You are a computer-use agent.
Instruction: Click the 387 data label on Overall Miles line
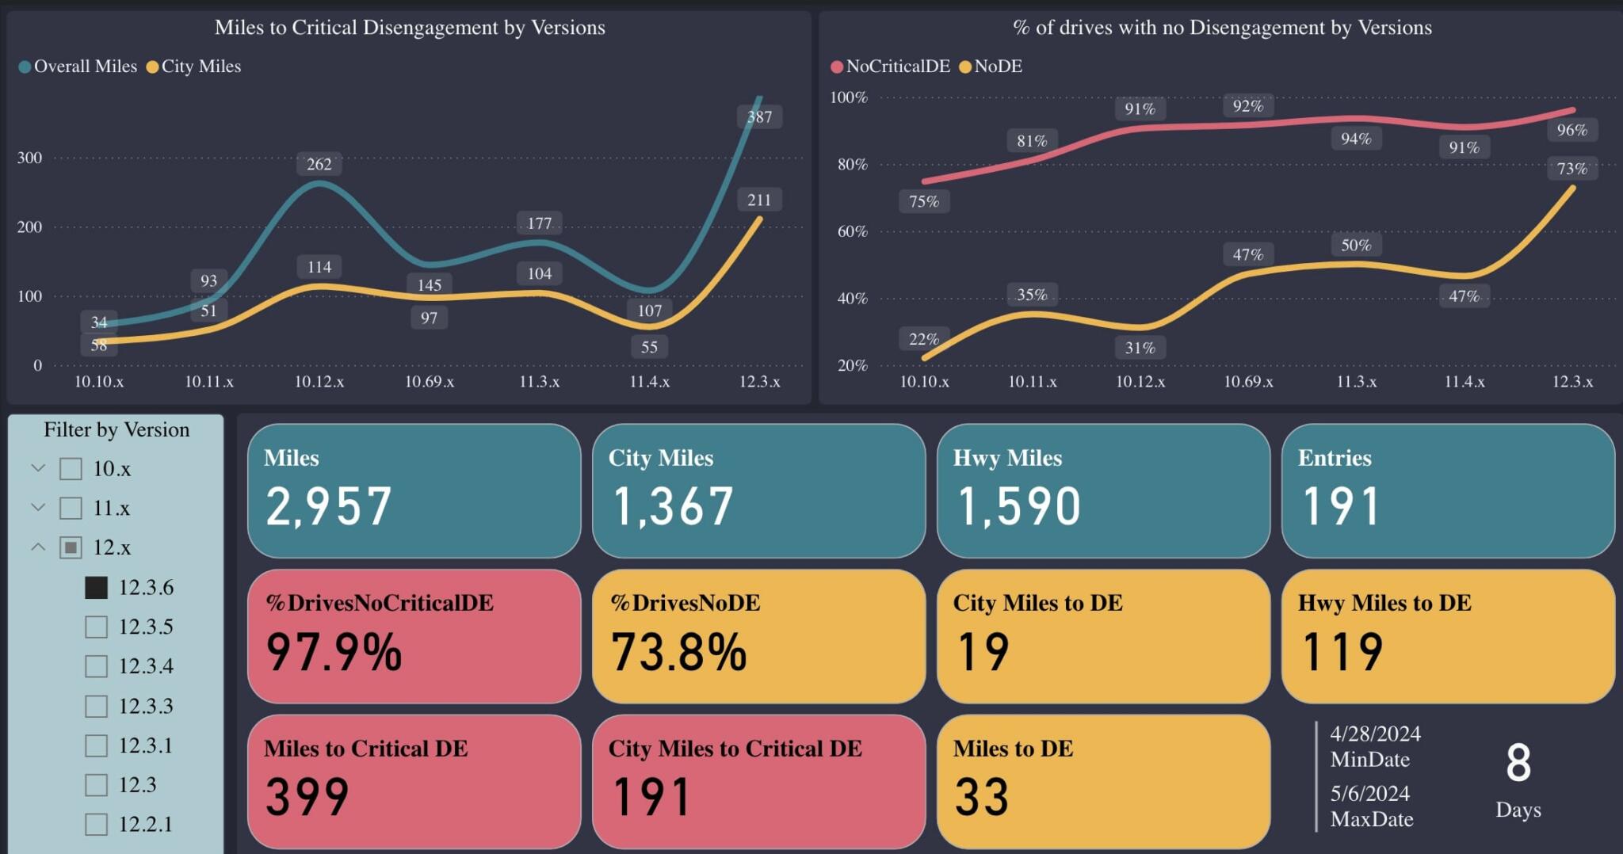[759, 117]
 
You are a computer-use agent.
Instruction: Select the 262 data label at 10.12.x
[319, 164]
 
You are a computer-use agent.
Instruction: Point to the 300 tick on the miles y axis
[29, 158]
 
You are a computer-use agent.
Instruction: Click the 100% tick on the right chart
[849, 97]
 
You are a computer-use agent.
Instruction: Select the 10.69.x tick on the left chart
[430, 382]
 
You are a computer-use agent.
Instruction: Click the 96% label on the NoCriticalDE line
[1571, 130]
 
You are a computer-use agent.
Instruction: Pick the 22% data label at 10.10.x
[924, 339]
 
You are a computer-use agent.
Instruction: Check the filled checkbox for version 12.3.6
[96, 587]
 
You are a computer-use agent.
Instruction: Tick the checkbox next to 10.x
[71, 469]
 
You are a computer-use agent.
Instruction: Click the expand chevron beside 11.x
[38, 508]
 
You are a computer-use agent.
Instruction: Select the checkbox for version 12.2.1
[96, 824]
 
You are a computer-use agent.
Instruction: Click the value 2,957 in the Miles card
[328, 506]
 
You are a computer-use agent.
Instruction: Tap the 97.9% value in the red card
[334, 652]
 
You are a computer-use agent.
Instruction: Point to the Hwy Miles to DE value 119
[1342, 652]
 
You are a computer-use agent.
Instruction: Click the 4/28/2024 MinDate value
[1375, 734]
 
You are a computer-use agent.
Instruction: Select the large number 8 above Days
[1518, 763]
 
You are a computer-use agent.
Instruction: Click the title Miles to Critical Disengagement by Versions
[410, 28]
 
